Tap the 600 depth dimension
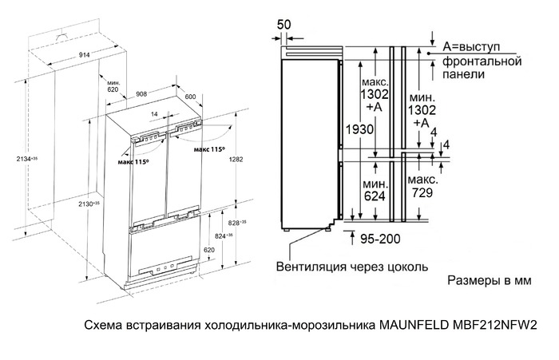190,97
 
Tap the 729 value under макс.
420,192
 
